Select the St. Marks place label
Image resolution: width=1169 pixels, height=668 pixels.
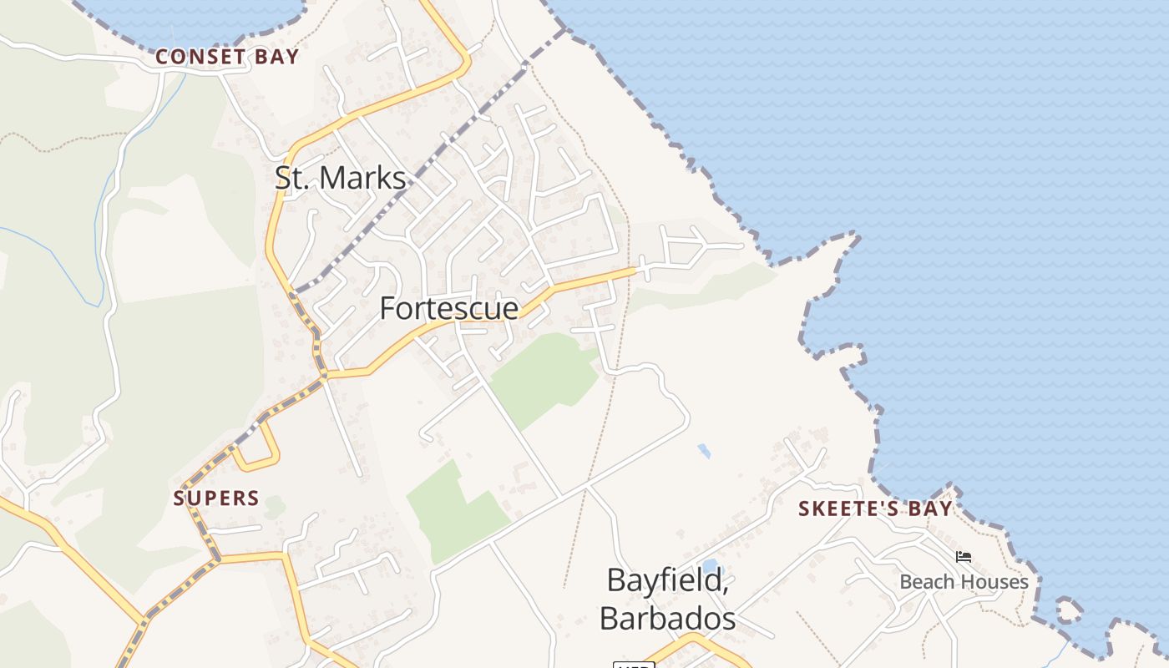[x=341, y=178]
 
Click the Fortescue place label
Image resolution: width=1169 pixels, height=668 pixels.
[x=449, y=308]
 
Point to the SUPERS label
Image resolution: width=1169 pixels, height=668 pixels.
[x=216, y=498]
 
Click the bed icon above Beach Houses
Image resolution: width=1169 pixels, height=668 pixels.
[x=964, y=557]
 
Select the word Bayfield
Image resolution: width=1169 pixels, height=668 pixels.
[x=667, y=580]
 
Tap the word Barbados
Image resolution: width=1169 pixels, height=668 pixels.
[x=667, y=619]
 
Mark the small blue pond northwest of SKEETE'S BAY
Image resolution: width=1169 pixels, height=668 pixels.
[x=704, y=451]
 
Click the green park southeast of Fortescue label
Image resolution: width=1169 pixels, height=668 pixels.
[x=544, y=380]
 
